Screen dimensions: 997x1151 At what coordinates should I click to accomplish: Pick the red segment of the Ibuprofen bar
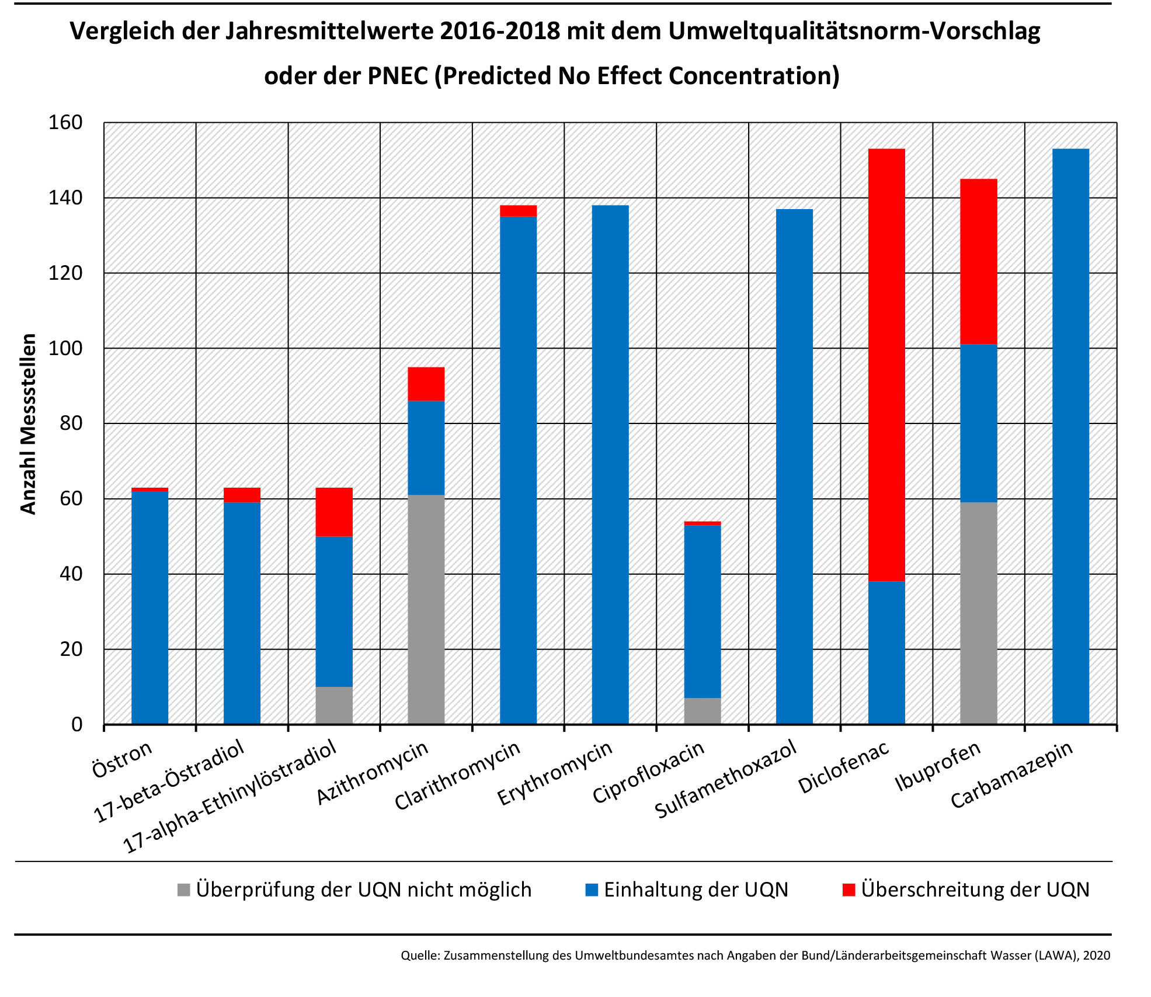click(978, 262)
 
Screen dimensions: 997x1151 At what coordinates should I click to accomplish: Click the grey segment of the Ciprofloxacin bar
click(702, 711)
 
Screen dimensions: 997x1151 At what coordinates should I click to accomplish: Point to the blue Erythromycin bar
click(610, 464)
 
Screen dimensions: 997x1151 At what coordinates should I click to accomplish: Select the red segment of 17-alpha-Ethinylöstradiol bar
click(334, 512)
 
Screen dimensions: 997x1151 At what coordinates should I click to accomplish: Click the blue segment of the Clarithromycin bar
click(518, 470)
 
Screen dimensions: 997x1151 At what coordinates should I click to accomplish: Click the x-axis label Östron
click(122, 759)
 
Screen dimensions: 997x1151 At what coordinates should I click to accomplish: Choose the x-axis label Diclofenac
click(843, 767)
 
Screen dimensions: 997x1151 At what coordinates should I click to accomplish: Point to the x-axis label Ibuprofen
click(937, 766)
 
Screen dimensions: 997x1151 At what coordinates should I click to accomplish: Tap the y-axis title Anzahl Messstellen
click(28, 423)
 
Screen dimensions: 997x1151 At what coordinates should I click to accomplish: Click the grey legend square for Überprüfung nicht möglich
click(184, 890)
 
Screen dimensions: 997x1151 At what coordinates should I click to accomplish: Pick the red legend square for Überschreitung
click(849, 890)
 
